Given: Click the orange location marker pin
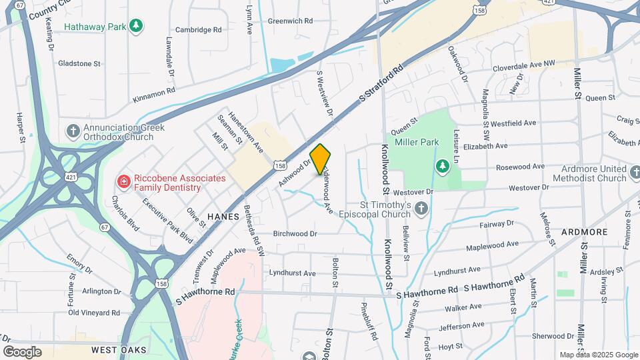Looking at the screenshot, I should [321, 159].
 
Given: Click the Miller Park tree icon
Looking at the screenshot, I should [440, 165].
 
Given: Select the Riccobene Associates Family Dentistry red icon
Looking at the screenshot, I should [123, 181].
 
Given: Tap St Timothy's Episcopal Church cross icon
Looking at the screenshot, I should [421, 209].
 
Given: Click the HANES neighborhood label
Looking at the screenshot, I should [223, 217].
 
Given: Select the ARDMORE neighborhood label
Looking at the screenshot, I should [584, 231].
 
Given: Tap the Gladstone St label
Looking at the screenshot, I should [79, 64].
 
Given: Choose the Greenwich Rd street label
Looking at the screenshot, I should [290, 21].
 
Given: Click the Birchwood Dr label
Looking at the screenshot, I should [295, 234].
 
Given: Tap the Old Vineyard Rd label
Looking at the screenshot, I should [94, 312].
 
